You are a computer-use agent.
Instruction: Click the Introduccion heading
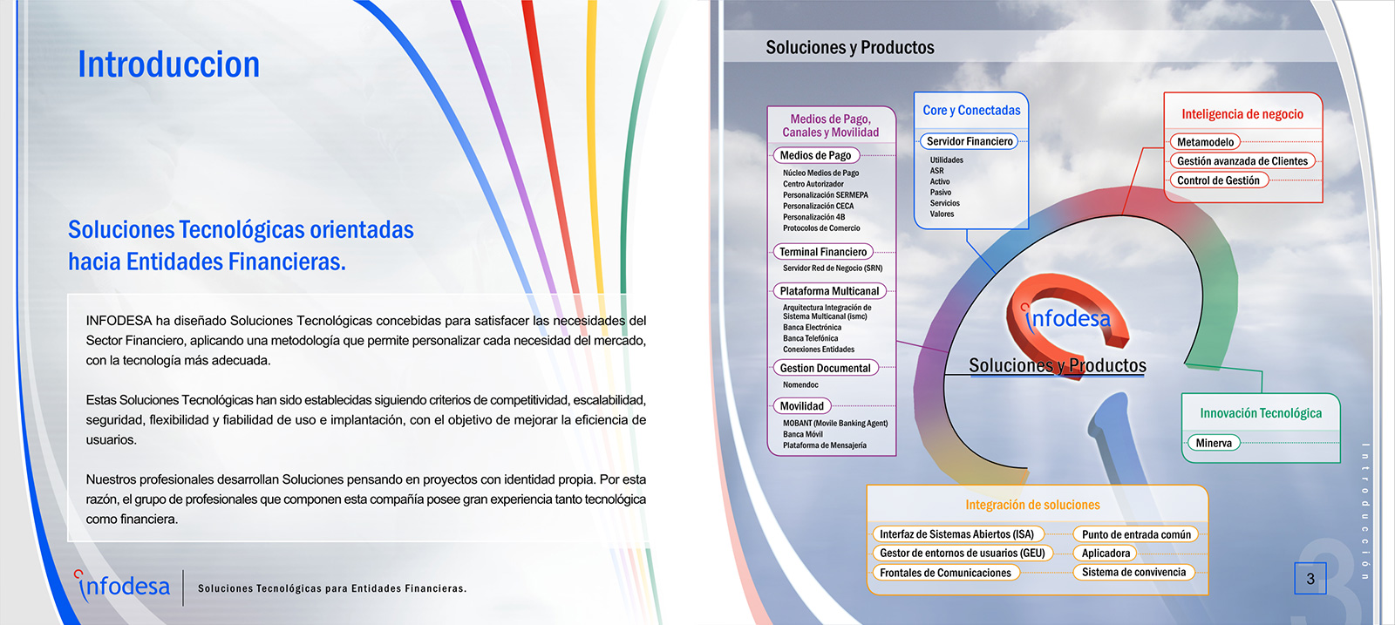click(x=168, y=65)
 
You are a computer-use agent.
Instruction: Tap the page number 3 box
click(x=1310, y=578)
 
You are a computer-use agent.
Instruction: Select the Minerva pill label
click(x=1214, y=443)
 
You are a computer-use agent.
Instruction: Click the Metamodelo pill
click(x=1205, y=142)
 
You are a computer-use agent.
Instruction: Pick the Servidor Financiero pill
click(x=969, y=141)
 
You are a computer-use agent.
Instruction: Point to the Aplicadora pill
click(x=1106, y=553)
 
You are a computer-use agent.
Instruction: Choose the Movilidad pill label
click(x=801, y=406)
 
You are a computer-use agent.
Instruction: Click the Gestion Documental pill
click(x=825, y=368)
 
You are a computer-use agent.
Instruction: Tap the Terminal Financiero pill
click(x=823, y=252)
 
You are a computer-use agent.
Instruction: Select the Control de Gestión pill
click(x=1218, y=180)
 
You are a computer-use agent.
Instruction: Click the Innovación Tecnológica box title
click(x=1261, y=413)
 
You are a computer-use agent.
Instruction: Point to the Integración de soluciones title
click(x=1032, y=505)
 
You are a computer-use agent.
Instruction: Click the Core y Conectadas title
click(x=971, y=110)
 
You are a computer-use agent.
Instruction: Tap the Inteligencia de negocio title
click(x=1242, y=114)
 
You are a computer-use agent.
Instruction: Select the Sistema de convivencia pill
click(x=1133, y=572)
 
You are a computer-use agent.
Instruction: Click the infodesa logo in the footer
click(x=121, y=586)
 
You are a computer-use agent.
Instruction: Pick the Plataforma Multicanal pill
click(x=829, y=291)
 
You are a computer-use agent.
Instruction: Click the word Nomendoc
click(x=800, y=384)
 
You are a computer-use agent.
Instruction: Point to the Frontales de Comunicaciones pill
click(x=945, y=573)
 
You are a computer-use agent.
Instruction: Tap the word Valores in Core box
click(x=942, y=214)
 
